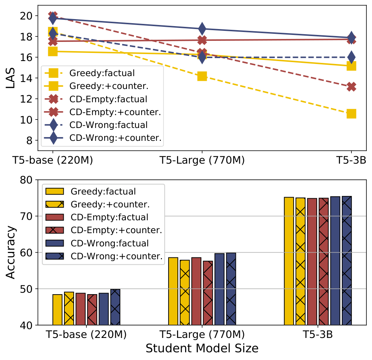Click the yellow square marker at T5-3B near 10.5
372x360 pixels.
pos(351,114)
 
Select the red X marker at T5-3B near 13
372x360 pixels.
pos(351,87)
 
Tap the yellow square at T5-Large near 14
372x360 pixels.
pos(202,76)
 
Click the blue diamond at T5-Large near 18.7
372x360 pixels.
pos(202,28)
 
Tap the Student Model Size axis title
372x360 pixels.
pos(202,348)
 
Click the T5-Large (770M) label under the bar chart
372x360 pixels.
pos(202,335)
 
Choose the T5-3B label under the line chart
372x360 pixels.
pos(351,160)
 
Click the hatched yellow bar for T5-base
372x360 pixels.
pos(69,309)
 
